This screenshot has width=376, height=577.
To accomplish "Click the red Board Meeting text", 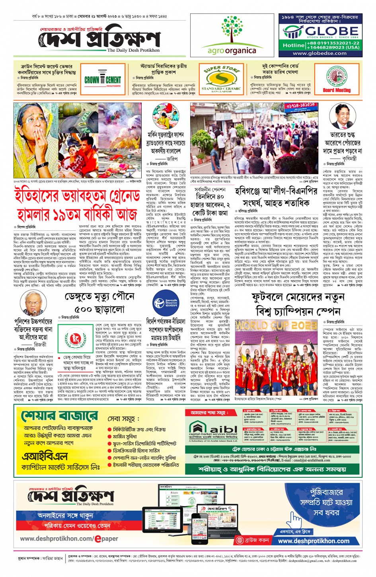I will click(337, 90).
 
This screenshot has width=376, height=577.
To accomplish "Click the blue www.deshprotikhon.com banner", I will click(314, 541).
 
